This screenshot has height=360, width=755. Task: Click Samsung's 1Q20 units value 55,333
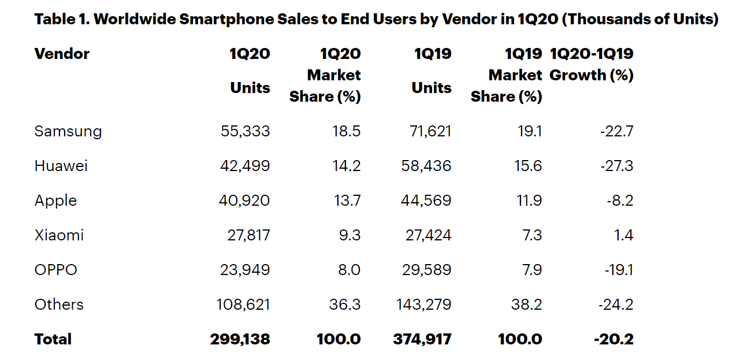coord(245,131)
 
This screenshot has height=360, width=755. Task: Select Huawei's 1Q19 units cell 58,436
coord(426,166)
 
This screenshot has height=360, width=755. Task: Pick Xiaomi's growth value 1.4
coord(624,235)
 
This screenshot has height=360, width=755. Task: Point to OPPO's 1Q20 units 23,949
coord(245,270)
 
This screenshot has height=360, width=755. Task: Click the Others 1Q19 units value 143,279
coord(423,305)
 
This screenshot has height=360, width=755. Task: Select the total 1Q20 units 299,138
coord(240,339)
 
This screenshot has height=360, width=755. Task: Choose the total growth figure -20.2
coord(613,339)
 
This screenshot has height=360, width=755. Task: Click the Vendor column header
coord(62,54)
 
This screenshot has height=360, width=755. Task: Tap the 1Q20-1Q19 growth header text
coord(592,64)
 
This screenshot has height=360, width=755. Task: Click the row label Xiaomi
coord(59,235)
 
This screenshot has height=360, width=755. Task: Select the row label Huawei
coord(61,166)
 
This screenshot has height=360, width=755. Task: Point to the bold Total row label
coord(53,339)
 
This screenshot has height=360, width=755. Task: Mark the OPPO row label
coord(55,270)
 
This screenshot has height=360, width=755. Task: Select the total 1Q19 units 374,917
coord(422,339)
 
